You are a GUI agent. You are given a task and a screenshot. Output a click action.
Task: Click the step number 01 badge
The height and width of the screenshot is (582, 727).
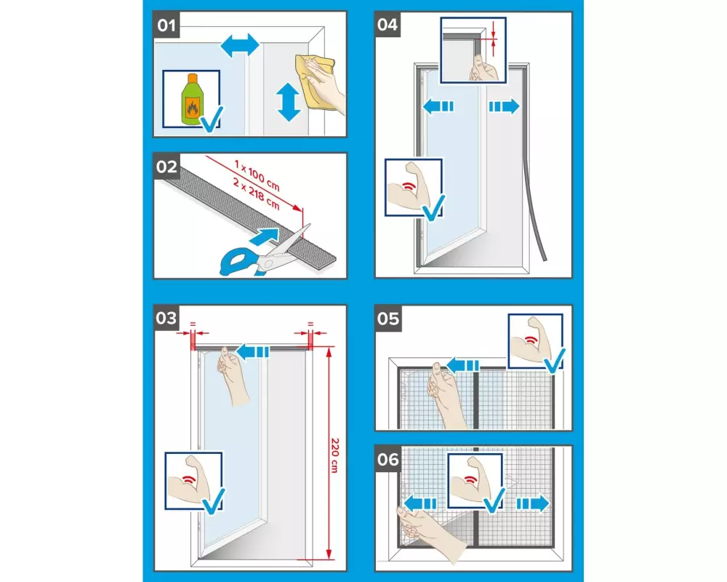tap(166, 25)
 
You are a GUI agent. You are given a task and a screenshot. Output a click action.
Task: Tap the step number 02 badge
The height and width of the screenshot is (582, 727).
tap(166, 166)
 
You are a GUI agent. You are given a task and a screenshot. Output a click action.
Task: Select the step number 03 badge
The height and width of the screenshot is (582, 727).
tap(166, 318)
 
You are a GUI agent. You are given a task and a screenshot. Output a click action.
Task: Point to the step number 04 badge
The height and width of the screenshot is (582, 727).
tap(387, 25)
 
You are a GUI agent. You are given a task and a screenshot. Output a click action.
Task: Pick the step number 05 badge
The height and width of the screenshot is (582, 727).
tap(388, 319)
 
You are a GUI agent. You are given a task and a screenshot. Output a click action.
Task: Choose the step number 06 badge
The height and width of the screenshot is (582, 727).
tap(388, 460)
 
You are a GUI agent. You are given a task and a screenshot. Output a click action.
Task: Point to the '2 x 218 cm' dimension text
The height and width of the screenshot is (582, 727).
tap(257, 194)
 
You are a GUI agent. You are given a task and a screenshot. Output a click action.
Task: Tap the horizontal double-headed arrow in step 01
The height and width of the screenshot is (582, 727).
tap(240, 46)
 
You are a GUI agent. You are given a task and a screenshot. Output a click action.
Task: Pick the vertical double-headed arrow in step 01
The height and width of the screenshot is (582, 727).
tap(289, 102)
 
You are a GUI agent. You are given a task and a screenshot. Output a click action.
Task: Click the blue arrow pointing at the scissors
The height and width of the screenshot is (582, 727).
tap(265, 236)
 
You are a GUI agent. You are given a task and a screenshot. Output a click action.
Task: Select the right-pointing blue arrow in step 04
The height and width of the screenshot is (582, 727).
tap(504, 106)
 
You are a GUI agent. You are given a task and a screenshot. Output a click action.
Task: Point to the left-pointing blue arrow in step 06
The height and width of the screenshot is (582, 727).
tap(419, 503)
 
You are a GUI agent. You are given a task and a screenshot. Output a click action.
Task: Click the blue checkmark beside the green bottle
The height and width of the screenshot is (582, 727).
tap(212, 119)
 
